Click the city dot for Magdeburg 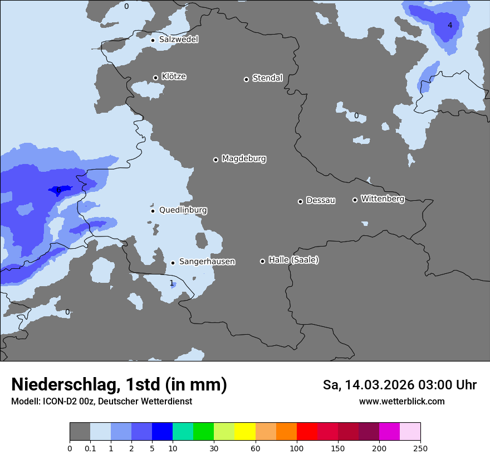(x=215, y=160)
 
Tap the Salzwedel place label (x=178, y=40)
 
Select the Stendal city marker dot (x=246, y=79)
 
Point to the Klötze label (x=174, y=76)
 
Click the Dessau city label (x=321, y=201)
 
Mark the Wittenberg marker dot (x=355, y=200)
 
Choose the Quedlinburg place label (x=183, y=210)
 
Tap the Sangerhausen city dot (x=173, y=263)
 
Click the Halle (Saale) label (x=293, y=260)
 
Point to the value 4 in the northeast (x=450, y=25)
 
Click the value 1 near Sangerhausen (x=171, y=283)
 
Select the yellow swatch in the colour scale (x=245, y=432)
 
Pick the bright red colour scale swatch (x=307, y=432)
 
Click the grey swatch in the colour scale (x=80, y=432)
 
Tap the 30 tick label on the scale (x=214, y=448)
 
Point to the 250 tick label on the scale (x=420, y=448)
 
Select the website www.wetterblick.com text (x=401, y=401)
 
